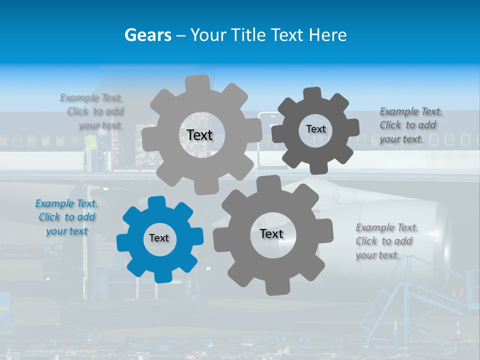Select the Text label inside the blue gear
coord(159,238)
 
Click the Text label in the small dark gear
coord(315,129)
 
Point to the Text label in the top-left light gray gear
coord(199,135)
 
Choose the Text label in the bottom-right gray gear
coord(271,234)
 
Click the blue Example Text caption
coord(66,217)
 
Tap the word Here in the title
coord(327,35)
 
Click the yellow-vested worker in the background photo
coord(90,142)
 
